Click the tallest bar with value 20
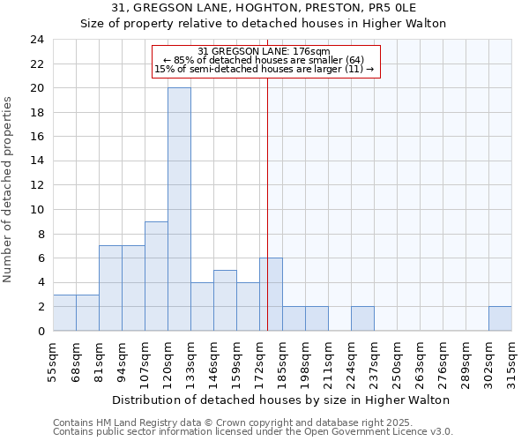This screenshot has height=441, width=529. coord(179,210)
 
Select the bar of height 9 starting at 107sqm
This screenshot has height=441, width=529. coord(156,276)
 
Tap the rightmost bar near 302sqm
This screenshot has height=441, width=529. coord(500,318)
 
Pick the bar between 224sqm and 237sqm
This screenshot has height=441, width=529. coord(362,318)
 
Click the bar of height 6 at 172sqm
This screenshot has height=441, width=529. coord(271,295)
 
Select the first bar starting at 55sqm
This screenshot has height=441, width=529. coord(64,312)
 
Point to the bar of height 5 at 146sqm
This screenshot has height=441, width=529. coord(225,301)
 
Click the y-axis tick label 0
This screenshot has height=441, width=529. coord(40,331)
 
